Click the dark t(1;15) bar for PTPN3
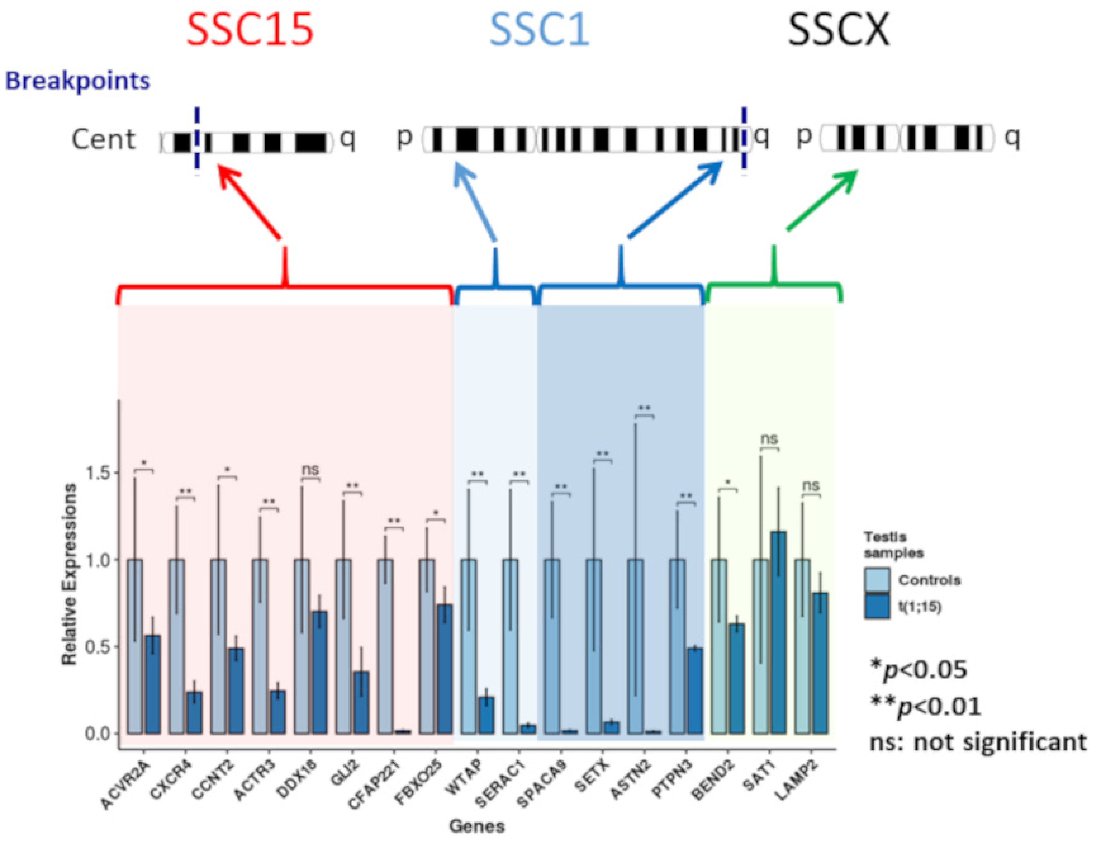695,691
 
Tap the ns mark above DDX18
310,470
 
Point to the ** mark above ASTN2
644,408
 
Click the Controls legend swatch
877,580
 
